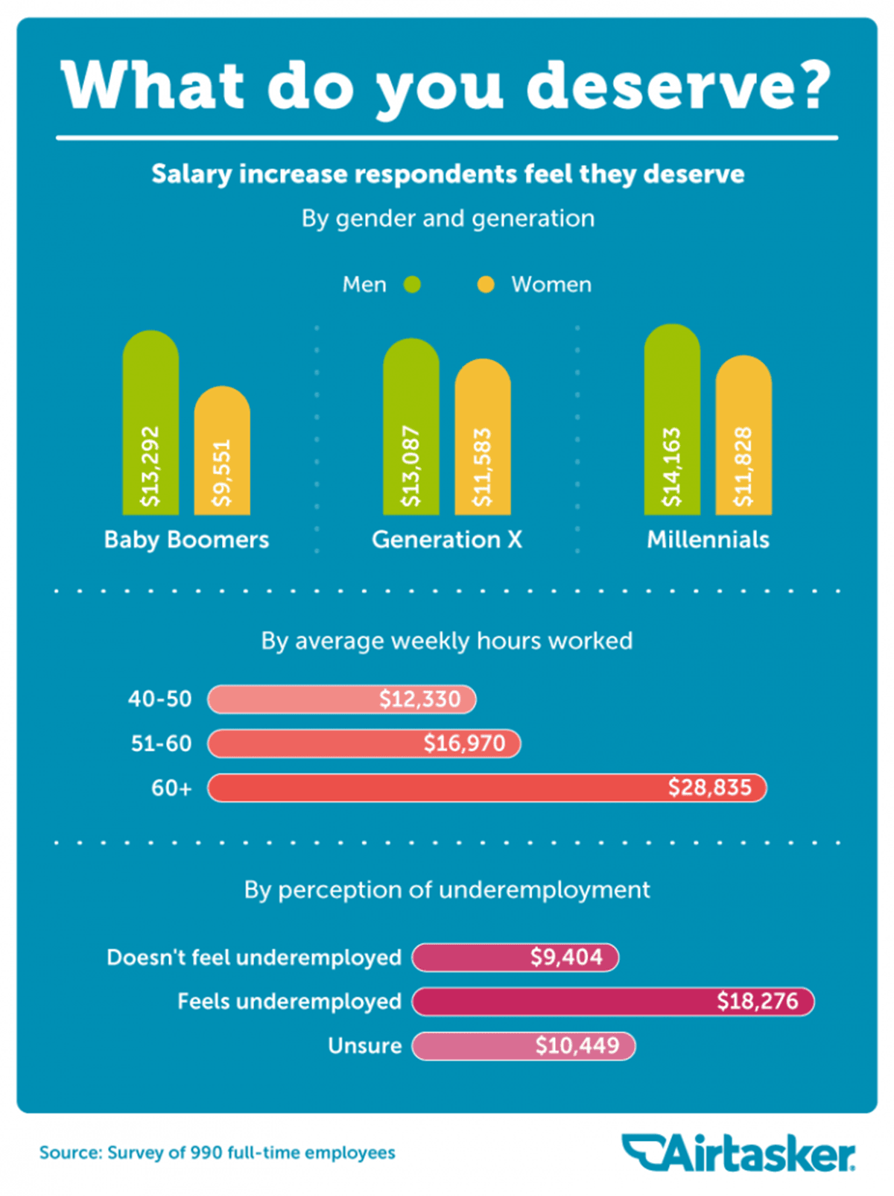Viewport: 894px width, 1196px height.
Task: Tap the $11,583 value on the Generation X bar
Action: tap(483, 467)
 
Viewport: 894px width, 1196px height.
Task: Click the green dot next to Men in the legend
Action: tap(412, 285)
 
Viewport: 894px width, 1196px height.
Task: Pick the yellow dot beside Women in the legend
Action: tap(486, 285)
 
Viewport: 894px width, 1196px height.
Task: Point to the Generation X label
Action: tap(447, 540)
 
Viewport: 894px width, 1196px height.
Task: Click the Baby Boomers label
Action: tap(186, 540)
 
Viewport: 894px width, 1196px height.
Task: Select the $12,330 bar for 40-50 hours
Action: tap(341, 699)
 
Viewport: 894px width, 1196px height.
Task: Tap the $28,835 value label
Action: tap(709, 788)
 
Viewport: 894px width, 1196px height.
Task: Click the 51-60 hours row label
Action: tap(161, 744)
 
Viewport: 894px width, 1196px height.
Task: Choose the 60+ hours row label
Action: tap(171, 788)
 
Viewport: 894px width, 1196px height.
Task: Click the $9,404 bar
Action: tap(515, 958)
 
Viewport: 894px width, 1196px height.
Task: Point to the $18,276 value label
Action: tap(757, 1001)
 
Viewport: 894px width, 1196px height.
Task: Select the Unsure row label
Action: tap(364, 1045)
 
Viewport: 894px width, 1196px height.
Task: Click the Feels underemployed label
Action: tap(289, 1002)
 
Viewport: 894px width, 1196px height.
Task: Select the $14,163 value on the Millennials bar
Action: tap(672, 467)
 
